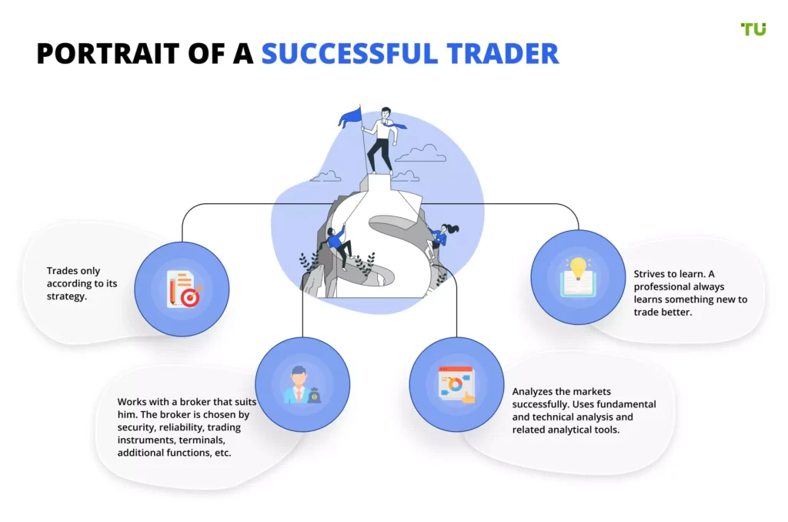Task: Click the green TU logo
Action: (753, 29)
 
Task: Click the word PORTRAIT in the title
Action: (108, 54)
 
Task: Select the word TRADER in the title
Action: (503, 54)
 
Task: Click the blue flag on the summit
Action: (350, 117)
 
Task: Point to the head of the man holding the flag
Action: (386, 112)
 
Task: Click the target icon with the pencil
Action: (183, 289)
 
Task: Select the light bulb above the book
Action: (578, 267)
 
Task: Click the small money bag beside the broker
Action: (315, 395)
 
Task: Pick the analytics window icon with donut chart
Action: (456, 385)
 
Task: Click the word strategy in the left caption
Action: (67, 296)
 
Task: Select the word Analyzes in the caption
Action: (534, 392)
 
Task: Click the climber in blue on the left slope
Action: (338, 246)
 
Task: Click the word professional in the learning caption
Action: (660, 287)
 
